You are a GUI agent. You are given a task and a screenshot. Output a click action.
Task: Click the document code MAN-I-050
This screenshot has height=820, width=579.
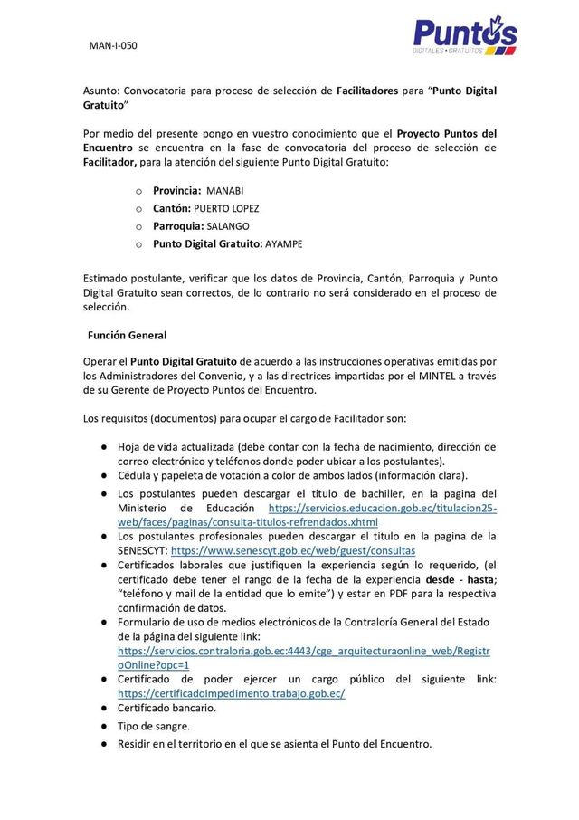(x=113, y=44)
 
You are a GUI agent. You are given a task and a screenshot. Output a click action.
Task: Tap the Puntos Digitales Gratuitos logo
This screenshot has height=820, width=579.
(x=464, y=37)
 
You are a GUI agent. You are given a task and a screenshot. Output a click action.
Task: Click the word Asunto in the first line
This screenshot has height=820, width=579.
(x=100, y=91)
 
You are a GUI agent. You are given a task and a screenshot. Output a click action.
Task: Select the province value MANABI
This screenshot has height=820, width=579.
(x=225, y=191)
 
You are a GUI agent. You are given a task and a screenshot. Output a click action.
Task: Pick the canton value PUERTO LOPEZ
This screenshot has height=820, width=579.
(x=233, y=208)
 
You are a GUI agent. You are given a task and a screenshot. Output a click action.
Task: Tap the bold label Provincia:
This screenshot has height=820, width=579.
(x=176, y=191)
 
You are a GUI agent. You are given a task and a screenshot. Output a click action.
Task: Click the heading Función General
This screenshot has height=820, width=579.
(x=127, y=336)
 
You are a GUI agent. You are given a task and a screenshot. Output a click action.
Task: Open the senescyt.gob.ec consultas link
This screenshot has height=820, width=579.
(x=293, y=549)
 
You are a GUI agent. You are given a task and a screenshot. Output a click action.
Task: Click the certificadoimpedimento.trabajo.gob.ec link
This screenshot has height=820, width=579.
(x=232, y=693)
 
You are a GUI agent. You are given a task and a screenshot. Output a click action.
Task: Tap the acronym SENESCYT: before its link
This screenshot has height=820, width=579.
(x=142, y=549)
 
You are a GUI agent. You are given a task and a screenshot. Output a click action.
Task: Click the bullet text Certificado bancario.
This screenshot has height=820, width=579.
(x=166, y=708)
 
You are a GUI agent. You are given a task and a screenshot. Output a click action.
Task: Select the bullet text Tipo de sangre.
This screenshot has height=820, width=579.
(x=154, y=726)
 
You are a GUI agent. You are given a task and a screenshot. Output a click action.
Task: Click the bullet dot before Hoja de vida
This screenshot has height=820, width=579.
(x=105, y=447)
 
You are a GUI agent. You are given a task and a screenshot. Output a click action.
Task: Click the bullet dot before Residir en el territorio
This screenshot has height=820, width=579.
(x=105, y=744)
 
